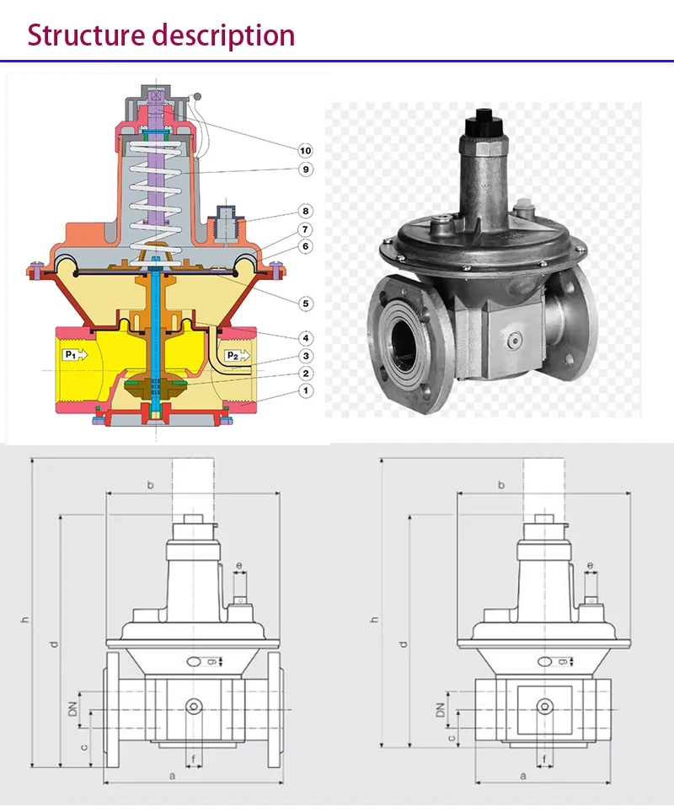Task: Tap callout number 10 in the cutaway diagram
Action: click(305, 150)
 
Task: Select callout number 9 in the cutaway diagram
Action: click(305, 169)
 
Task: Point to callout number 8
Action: click(305, 211)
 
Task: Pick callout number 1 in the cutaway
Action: click(305, 390)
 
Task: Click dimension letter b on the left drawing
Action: click(151, 485)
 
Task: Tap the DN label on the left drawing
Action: click(72, 704)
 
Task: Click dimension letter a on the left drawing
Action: click(172, 774)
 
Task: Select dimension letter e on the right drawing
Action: click(589, 565)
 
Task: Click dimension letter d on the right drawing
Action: click(404, 643)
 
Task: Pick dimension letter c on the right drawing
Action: click(452, 737)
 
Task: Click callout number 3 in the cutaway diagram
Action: click(305, 357)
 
